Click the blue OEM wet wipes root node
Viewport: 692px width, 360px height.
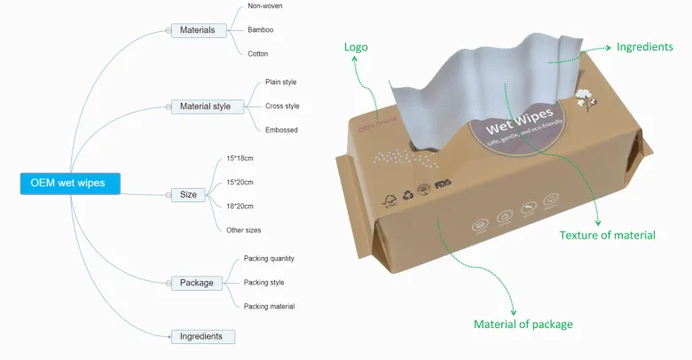68,183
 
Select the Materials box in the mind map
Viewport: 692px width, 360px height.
197,30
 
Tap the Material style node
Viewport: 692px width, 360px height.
205,106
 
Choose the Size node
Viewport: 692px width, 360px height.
189,194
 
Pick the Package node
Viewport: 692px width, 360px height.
196,283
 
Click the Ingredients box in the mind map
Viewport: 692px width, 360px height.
202,336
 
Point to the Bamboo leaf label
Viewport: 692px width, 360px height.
260,30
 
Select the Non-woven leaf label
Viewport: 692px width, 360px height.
265,6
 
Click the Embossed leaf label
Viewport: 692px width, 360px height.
281,129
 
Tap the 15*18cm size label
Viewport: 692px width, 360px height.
240,158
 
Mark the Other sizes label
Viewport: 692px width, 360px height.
243,230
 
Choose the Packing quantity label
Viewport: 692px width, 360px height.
269,259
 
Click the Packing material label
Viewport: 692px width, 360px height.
269,306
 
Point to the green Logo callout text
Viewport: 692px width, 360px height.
356,47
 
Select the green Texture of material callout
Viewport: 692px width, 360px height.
607,235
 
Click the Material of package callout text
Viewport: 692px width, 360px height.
523,324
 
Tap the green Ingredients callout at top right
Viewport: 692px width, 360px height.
644,46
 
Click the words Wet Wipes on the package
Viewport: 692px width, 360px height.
521,122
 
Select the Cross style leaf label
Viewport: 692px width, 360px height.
282,106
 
